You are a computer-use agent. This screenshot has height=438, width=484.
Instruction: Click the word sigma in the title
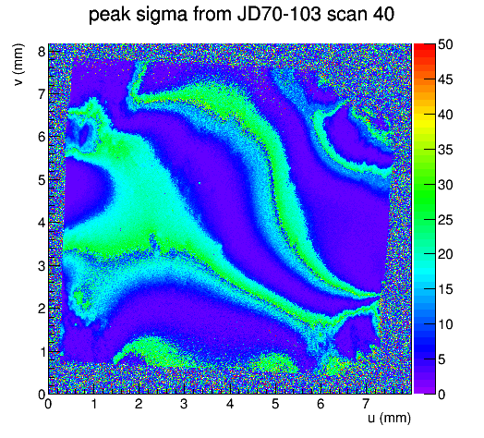[x=162, y=15]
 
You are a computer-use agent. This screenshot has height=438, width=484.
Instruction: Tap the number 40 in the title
[x=383, y=14]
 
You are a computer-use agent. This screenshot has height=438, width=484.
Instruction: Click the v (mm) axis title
[x=18, y=65]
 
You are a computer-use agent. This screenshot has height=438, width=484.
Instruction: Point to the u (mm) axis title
[x=390, y=419]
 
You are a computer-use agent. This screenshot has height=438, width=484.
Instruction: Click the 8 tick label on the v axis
[x=42, y=51]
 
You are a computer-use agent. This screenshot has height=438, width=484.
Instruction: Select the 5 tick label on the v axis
[x=42, y=180]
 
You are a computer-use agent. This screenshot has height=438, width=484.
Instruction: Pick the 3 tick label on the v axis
[x=42, y=266]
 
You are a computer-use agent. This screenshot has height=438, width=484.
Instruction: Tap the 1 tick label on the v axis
[x=42, y=352]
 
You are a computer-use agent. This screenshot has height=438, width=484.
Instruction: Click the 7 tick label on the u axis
[x=366, y=404]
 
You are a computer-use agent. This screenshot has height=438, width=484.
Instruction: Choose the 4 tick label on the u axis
[x=230, y=404]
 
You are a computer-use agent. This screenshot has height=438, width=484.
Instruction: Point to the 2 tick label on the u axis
[x=139, y=404]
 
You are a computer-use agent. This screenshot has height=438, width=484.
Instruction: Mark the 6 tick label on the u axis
[x=321, y=404]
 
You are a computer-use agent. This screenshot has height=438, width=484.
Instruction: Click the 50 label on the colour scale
[x=445, y=44]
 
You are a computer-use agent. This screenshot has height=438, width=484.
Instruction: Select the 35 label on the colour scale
[x=445, y=150]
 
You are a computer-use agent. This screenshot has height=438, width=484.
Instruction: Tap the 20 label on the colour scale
[x=445, y=254]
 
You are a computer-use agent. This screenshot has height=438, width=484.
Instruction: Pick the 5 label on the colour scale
[x=442, y=359]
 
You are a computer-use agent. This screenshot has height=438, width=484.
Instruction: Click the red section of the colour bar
[x=425, y=54]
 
